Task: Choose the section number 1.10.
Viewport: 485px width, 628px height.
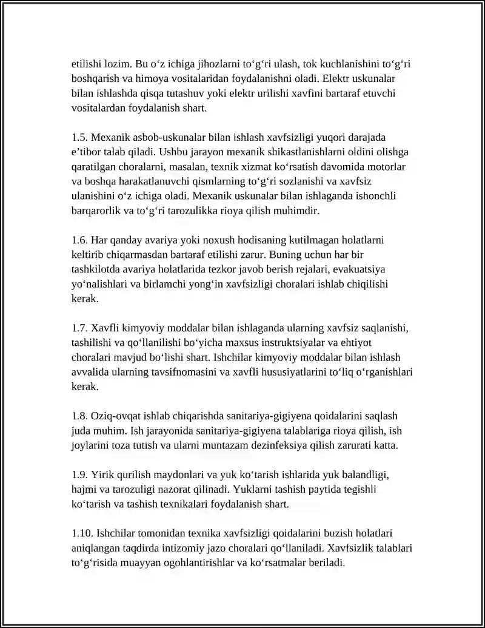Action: point(81,533)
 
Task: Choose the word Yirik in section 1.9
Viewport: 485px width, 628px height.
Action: point(103,475)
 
